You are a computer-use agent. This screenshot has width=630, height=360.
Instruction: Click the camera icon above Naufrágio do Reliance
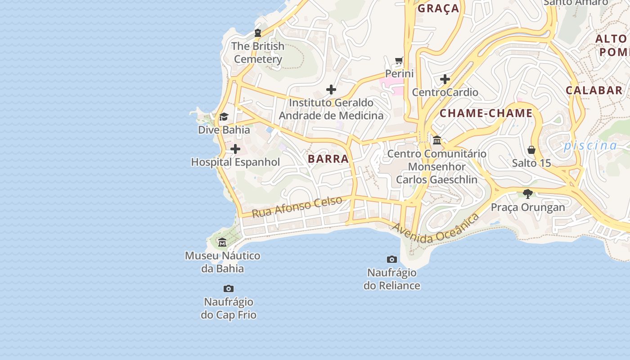coord(392,259)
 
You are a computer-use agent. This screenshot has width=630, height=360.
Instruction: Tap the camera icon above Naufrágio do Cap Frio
coord(229,288)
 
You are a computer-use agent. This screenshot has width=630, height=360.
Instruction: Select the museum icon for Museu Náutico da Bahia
coord(222,243)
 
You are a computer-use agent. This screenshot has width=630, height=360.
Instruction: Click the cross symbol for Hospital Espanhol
coord(235,149)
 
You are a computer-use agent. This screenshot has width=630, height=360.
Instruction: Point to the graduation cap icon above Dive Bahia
coord(224,117)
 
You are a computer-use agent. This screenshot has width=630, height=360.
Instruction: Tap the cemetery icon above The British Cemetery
coord(258,33)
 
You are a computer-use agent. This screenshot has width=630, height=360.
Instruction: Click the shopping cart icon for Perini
coord(399,60)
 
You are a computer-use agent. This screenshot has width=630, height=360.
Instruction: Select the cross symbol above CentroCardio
coord(445,79)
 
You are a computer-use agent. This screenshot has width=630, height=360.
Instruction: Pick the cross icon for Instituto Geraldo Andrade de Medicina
coord(331,90)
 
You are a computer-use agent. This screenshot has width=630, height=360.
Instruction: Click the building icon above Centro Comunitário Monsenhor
coord(437,140)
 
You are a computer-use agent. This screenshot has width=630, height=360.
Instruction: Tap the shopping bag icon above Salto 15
coord(531,149)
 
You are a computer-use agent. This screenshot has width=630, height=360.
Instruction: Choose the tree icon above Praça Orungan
coord(528,194)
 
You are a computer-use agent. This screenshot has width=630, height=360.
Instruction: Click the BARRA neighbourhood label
coord(328,158)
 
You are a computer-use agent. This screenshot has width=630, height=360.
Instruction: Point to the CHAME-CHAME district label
coord(486,113)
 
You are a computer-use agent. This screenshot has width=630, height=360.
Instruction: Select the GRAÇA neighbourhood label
coord(438,8)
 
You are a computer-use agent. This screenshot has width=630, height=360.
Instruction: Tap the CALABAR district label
coord(594,90)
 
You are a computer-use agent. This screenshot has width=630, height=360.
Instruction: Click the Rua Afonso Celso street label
coord(297,207)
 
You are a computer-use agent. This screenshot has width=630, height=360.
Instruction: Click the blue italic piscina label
coord(590,145)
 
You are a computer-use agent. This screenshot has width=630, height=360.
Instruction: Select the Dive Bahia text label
coord(224,130)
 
